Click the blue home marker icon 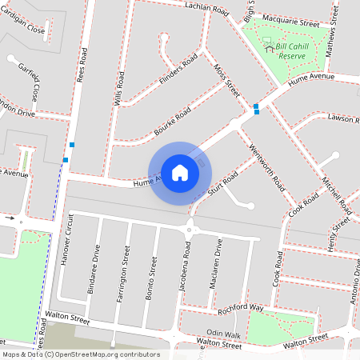(x=180, y=172)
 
